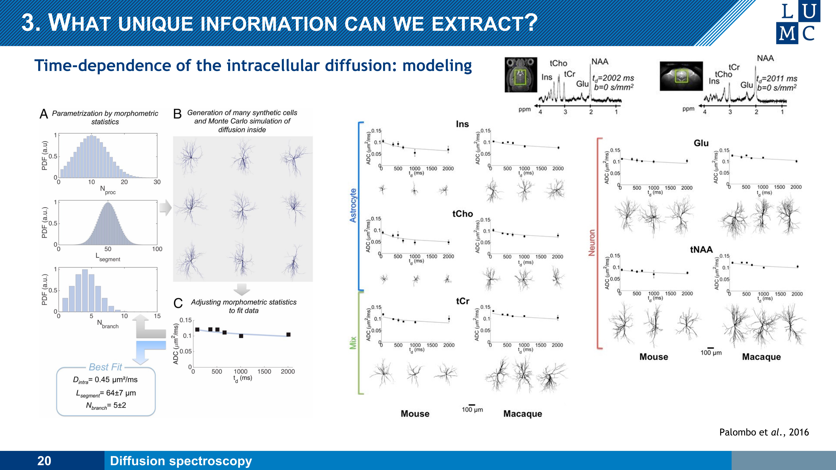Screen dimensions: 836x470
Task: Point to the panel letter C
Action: click(x=178, y=303)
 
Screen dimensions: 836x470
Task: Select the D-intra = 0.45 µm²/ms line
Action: click(x=105, y=380)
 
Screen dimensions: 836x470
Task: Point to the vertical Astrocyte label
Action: click(x=353, y=205)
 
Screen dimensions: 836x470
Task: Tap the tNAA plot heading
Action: click(x=701, y=249)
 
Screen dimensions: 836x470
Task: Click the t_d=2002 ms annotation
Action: click(x=613, y=78)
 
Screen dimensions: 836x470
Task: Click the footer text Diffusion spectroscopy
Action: click(x=181, y=461)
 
